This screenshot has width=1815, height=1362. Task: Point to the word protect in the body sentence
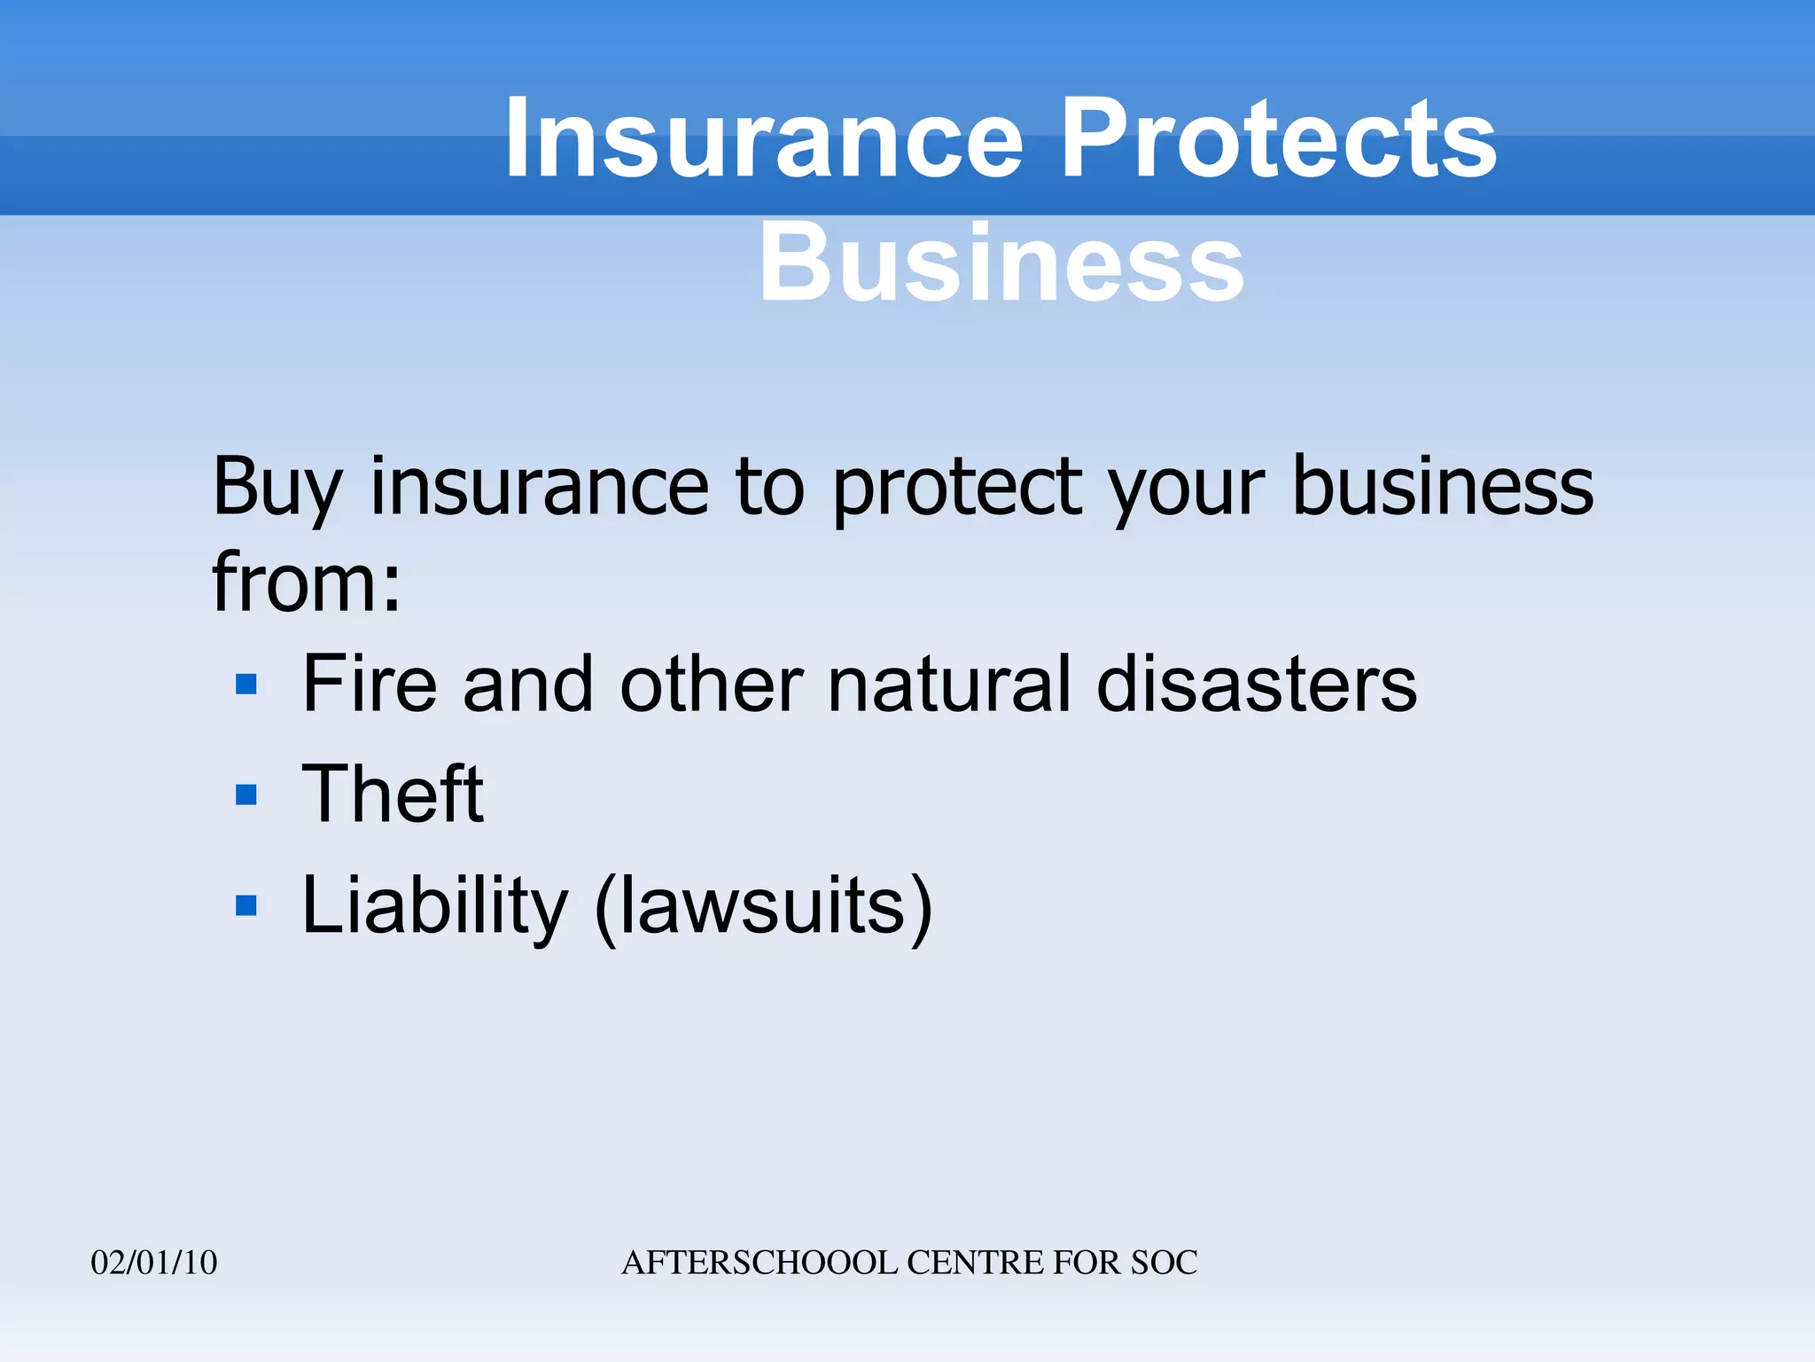coord(957,488)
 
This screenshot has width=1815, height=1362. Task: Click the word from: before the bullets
coord(307,583)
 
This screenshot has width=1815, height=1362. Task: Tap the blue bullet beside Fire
coord(246,685)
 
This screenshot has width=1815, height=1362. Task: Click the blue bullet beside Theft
coord(246,794)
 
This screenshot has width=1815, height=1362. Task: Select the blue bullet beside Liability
coord(246,905)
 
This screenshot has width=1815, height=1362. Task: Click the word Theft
coord(393,794)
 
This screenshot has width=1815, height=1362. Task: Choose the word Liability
coord(434,907)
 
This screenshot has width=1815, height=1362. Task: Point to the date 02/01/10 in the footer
coord(154,1263)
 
